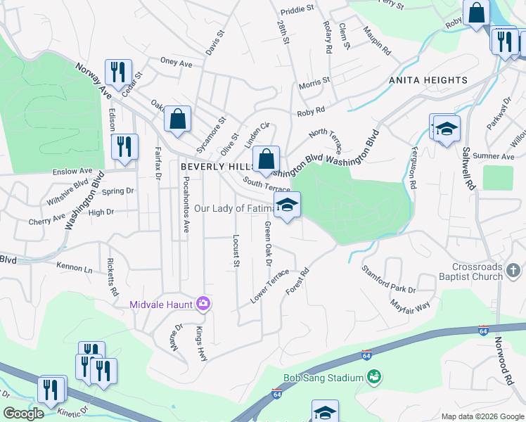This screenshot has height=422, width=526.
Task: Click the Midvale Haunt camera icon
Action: [x=203, y=303]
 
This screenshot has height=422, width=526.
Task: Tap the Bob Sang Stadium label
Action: [x=323, y=378]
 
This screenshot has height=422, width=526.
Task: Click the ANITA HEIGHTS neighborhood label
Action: [x=428, y=80]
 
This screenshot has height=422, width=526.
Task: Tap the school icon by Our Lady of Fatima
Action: [x=287, y=206]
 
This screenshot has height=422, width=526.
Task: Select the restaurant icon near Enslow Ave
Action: [x=124, y=147]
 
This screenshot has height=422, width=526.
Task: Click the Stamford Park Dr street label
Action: [x=388, y=279]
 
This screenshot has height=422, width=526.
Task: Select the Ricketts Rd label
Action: [x=111, y=276]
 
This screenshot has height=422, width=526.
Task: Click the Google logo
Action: [x=23, y=414]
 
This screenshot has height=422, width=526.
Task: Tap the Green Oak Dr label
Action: [x=268, y=243]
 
